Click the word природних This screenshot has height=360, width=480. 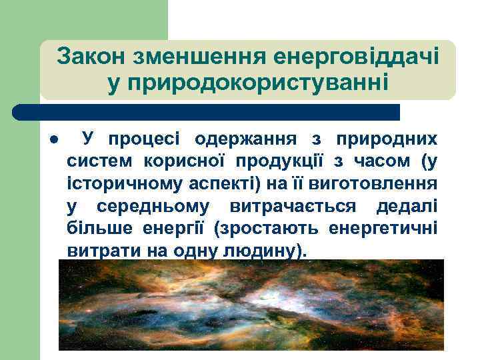(387, 139)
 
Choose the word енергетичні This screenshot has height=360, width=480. (383, 228)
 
